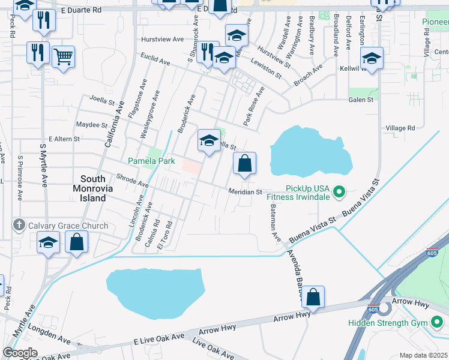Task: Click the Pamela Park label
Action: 151,161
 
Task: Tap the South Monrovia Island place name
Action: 93,188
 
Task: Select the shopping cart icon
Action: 63,57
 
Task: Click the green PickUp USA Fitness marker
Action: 339,192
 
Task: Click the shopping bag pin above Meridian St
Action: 244,164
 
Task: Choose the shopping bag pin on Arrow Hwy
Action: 313,297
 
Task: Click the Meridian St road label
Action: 244,192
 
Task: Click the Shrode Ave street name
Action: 132,182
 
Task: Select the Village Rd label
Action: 400,128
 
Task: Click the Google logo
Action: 20,353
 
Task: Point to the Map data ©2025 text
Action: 423,355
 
